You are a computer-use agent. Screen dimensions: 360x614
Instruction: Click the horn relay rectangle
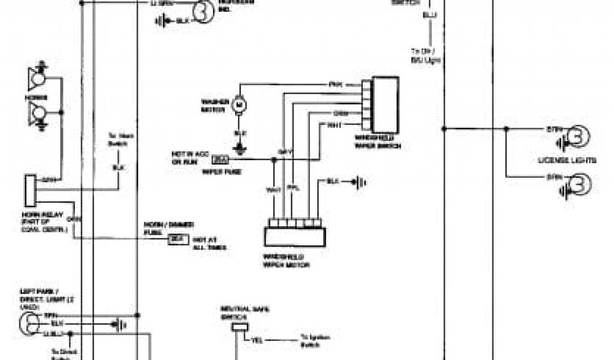coord(31,190)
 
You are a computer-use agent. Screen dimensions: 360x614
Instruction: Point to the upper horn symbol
coord(37,77)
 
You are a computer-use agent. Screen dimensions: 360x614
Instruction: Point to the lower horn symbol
coord(37,113)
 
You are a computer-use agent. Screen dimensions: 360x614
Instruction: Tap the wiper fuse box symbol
coord(221,160)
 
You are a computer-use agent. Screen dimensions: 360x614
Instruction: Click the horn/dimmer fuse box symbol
coord(176,239)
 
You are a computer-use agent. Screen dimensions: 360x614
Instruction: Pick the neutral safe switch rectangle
coord(240,327)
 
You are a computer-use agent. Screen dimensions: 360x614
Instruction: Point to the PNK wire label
coord(335,85)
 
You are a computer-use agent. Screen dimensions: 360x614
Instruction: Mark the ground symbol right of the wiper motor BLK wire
coord(359,181)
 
